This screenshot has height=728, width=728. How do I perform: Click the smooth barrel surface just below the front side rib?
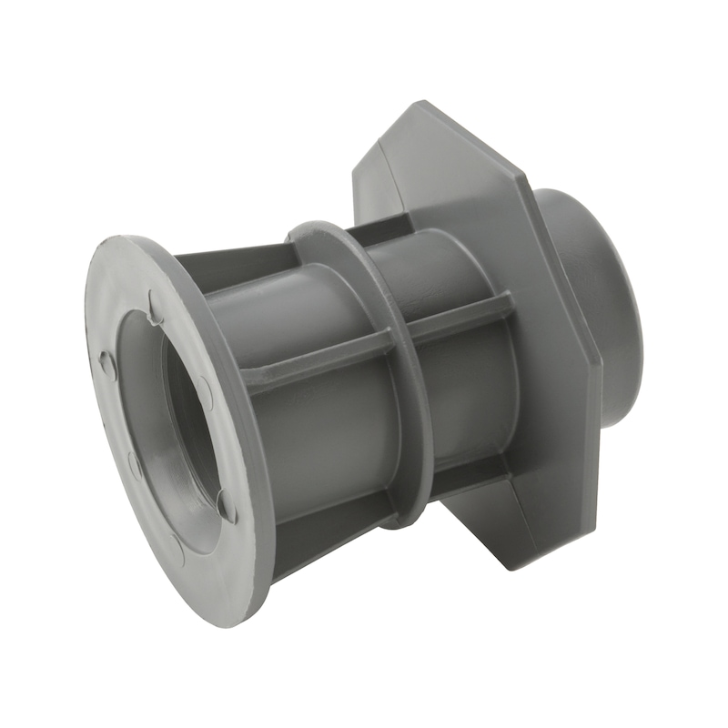pos(318,437)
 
